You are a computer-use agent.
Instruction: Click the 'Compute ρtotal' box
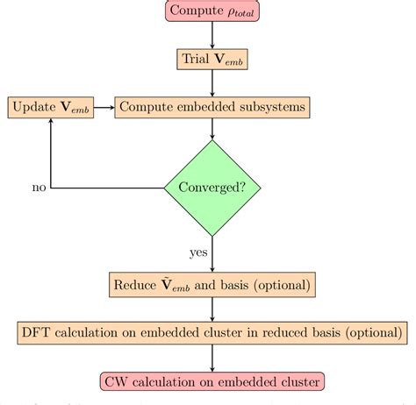[x=212, y=12]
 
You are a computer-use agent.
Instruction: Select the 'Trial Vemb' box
[x=212, y=60]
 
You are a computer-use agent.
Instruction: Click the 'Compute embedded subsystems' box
[x=212, y=108]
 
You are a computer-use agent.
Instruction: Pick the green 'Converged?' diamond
[x=212, y=187]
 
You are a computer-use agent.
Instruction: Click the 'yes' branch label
[x=198, y=252]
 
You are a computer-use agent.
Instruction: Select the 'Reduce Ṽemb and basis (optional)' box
[x=212, y=285]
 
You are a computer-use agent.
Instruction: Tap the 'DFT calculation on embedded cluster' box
[x=212, y=333]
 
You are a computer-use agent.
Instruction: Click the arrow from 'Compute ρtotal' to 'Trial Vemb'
[x=212, y=36]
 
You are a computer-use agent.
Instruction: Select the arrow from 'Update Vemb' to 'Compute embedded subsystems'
[x=104, y=108]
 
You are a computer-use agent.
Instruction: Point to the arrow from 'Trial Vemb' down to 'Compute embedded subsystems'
[x=212, y=84]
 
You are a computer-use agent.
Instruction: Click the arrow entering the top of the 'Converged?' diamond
[x=212, y=130]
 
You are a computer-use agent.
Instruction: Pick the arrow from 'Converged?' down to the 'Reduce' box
[x=212, y=254]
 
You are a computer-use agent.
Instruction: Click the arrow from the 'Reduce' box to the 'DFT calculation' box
[x=212, y=309]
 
